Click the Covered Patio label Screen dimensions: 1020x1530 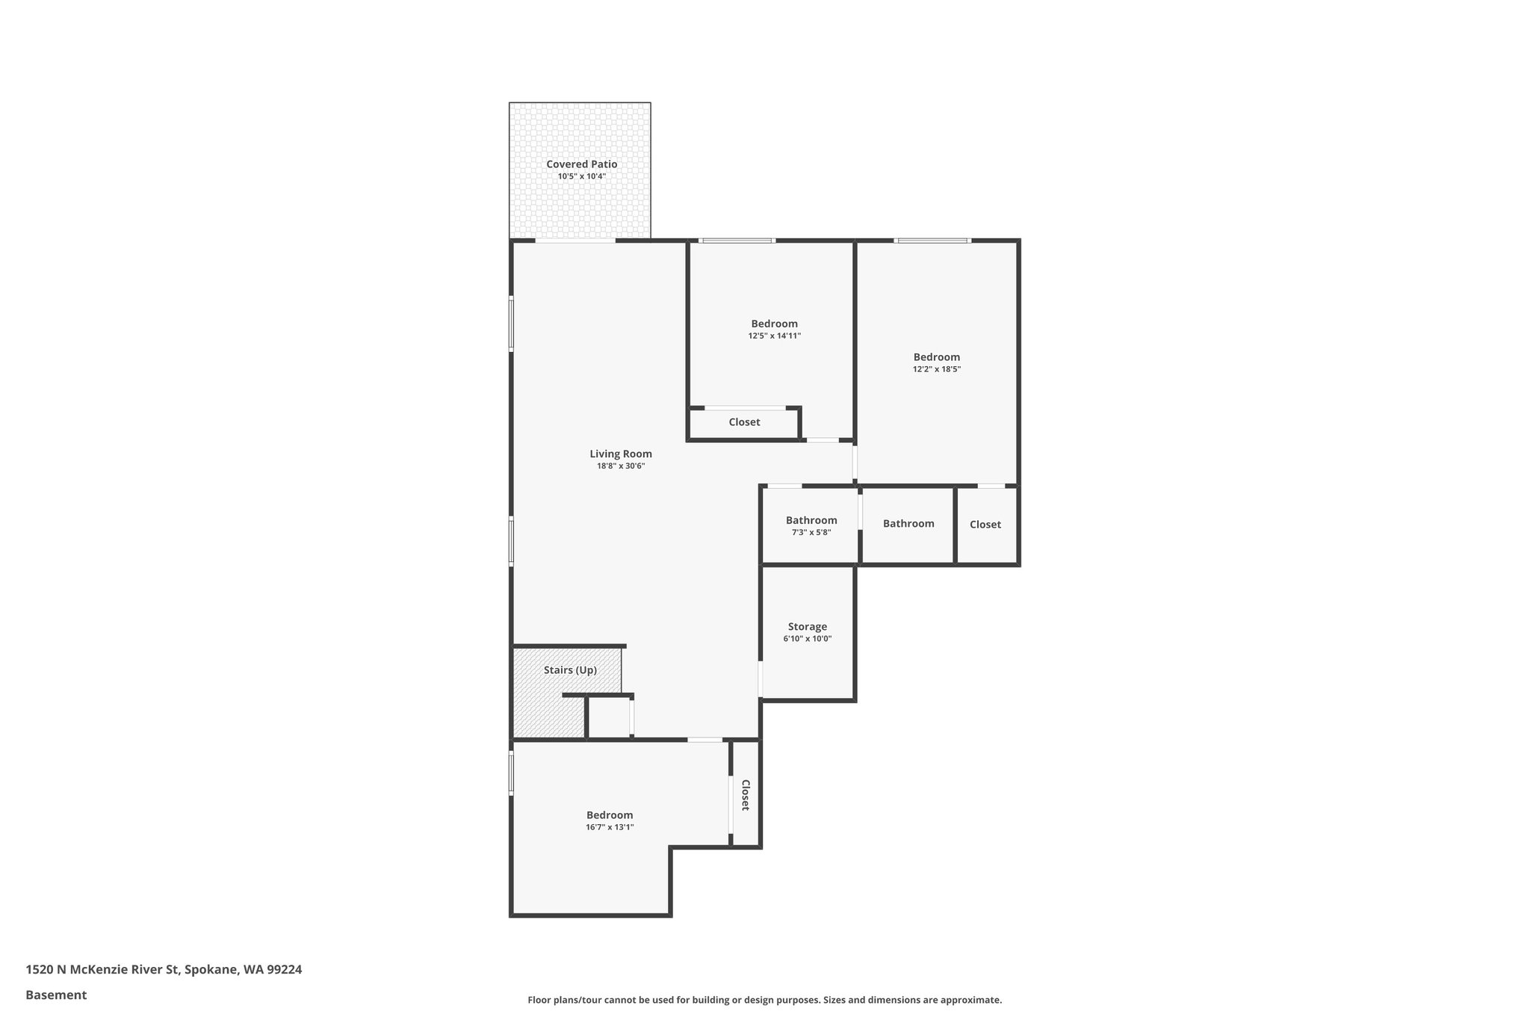coord(581,164)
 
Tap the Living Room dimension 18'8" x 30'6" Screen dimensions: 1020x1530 coord(620,466)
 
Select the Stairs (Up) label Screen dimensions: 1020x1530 coord(570,670)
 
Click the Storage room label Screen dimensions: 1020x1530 coord(807,627)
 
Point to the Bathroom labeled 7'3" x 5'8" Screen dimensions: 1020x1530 coord(811,521)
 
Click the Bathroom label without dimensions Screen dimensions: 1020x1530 coord(908,524)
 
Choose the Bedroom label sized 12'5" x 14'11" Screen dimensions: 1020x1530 coord(774,324)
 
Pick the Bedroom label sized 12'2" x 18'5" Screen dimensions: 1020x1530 coord(936,357)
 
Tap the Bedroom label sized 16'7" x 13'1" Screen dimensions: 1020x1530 coord(609,815)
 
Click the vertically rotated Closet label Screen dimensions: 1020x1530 coord(745,795)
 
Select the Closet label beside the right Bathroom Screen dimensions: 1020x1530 coord(985,525)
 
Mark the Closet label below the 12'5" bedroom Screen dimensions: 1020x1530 coord(744,422)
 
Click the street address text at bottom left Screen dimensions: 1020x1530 coord(164,970)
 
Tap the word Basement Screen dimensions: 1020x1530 coord(56,995)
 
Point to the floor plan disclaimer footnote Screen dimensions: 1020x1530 coord(764,1000)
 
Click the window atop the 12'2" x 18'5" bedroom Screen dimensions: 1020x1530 coord(932,241)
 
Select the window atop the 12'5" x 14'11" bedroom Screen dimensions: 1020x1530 coord(737,241)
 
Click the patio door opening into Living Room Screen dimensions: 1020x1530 coord(575,241)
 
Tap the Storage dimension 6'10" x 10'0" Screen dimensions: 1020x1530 coord(807,639)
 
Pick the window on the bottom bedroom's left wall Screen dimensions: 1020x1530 coord(512,773)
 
